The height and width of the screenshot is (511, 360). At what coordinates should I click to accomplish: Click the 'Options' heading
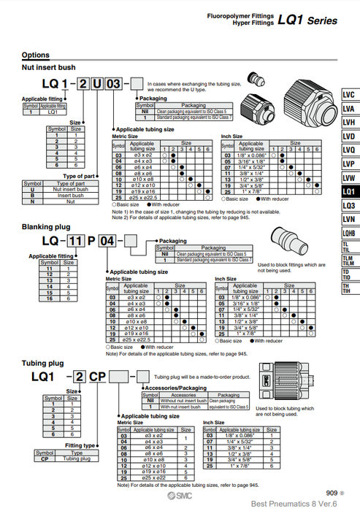pos(36,55)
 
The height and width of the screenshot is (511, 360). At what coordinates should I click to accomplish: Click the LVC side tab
pos(350,95)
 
